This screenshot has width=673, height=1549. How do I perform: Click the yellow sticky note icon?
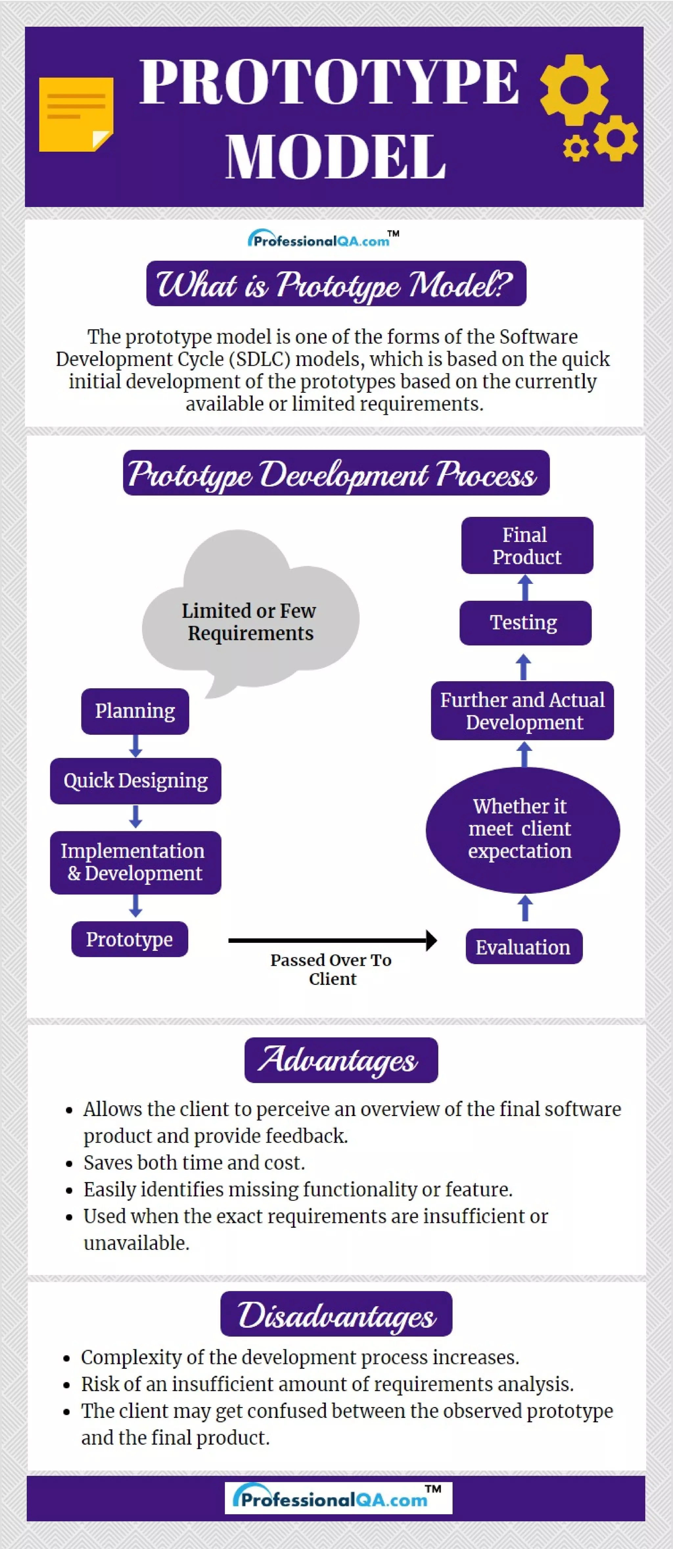point(76,114)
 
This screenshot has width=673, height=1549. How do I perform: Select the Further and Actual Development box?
point(522,711)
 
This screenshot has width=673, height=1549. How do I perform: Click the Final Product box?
point(527,545)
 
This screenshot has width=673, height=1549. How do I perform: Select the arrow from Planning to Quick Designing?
point(136,746)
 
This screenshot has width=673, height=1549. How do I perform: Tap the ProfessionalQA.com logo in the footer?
point(338,1497)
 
